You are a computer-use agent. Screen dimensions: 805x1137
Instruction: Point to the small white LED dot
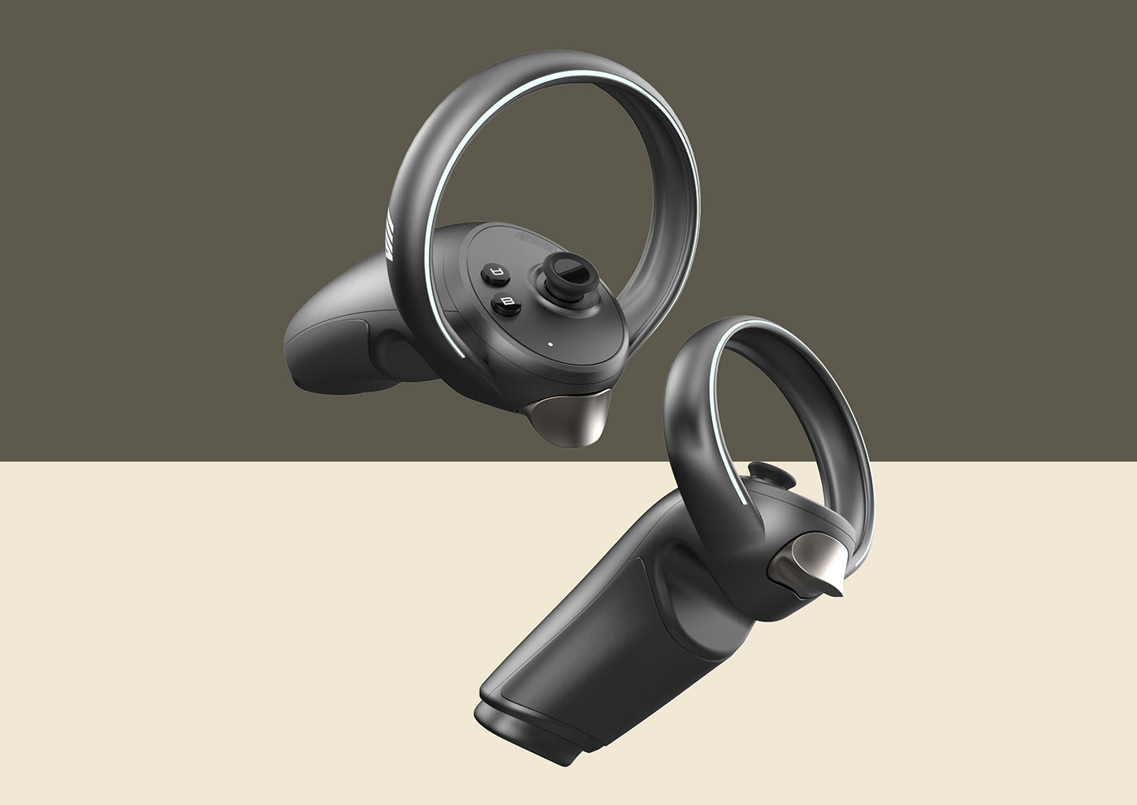click(x=551, y=343)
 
